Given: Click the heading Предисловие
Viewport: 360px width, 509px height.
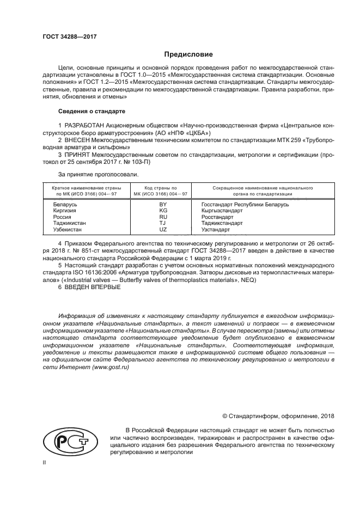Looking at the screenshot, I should point(188,54).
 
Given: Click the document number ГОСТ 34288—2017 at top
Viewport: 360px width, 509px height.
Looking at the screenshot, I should point(65,36).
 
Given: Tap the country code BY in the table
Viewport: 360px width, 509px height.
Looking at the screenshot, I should point(163,204).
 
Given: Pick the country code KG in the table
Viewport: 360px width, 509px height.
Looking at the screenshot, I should point(163,210).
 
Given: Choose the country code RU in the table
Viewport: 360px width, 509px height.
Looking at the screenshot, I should point(163,217).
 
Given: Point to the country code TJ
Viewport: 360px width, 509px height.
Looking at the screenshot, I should point(163,223).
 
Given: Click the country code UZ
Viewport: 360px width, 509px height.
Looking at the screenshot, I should point(163,230).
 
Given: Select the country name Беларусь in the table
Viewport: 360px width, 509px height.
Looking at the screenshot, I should point(65,204).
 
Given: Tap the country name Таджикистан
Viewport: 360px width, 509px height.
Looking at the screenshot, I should point(69,223).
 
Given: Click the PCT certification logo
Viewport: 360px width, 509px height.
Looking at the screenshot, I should point(66,440).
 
